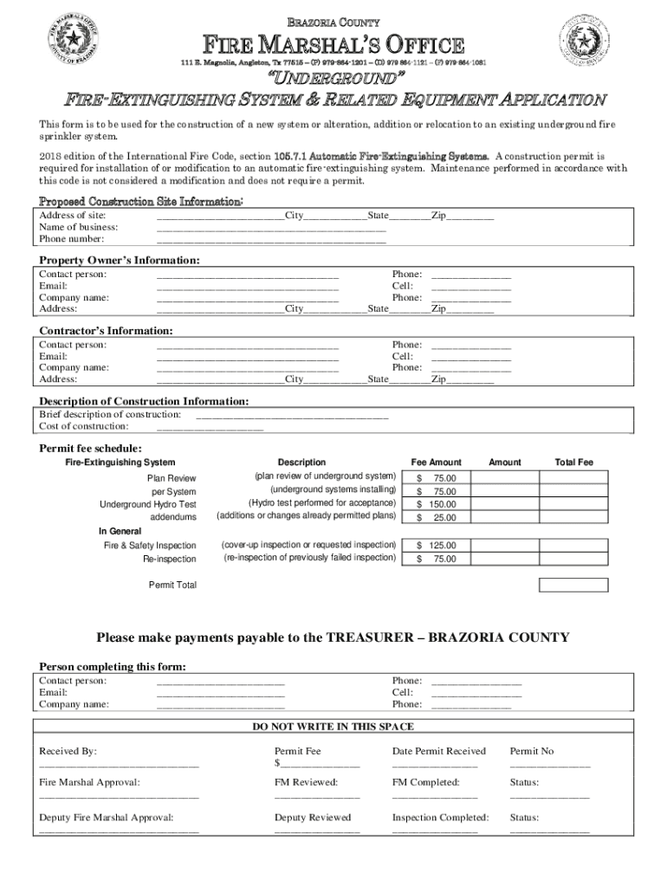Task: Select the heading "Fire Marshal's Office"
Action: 333,45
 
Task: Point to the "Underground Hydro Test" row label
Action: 147,504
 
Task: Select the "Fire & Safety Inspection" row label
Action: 150,546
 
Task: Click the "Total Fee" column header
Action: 573,463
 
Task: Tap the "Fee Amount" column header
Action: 436,463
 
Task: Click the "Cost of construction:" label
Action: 84,426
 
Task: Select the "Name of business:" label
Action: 79,227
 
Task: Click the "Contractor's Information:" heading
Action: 106,331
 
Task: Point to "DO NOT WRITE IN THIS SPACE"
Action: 333,727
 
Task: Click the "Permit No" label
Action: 531,751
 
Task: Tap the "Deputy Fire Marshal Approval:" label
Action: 106,817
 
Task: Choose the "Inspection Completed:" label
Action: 440,817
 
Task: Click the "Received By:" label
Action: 68,751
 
